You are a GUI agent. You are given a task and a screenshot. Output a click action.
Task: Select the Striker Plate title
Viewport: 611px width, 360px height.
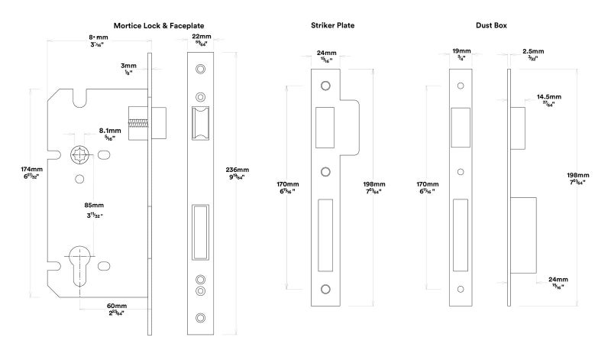tap(332, 26)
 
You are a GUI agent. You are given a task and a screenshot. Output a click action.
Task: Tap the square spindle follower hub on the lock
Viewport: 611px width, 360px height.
tap(80, 156)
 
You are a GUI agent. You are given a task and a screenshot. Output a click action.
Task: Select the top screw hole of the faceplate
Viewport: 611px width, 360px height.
tap(201, 70)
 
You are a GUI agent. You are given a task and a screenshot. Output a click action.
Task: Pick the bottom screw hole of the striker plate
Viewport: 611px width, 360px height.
tap(325, 288)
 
